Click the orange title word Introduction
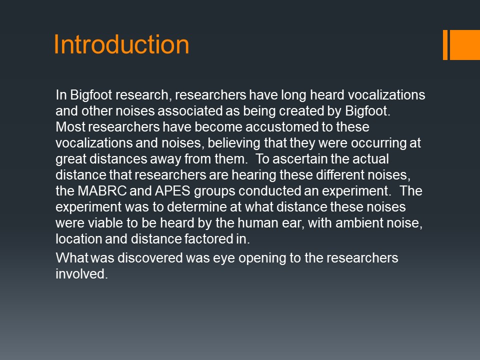(x=121, y=44)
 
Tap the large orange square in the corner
(x=464, y=44)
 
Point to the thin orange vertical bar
(x=445, y=44)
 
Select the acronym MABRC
(x=102, y=190)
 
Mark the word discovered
(x=150, y=258)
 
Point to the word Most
(x=70, y=127)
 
